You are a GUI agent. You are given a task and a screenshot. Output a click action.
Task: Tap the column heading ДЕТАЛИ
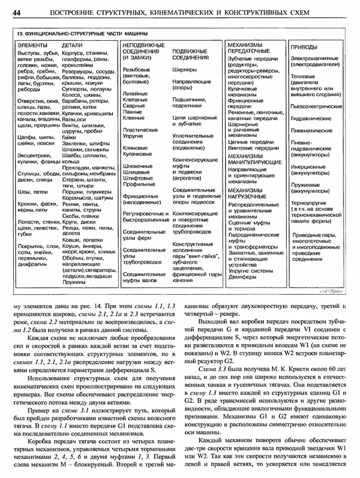click(73, 45)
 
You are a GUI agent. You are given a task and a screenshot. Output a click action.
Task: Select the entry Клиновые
click(134, 147)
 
